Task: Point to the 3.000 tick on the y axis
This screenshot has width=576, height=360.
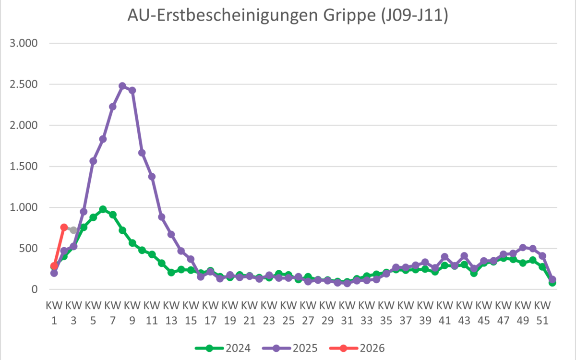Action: [x=24, y=43]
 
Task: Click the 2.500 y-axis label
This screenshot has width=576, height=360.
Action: [x=24, y=84]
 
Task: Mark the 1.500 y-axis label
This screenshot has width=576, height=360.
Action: [x=24, y=167]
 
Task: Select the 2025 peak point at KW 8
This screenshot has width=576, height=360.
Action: [x=122, y=86]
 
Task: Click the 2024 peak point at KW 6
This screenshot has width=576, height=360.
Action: [x=103, y=209]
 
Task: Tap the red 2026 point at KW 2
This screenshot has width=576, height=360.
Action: [x=64, y=227]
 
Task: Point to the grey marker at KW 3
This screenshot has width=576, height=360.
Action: [x=73, y=230]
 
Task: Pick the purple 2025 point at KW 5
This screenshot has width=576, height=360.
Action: [x=93, y=161]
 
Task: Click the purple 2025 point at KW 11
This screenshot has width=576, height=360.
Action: [x=152, y=176]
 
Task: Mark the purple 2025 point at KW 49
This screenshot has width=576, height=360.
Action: [x=523, y=248]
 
